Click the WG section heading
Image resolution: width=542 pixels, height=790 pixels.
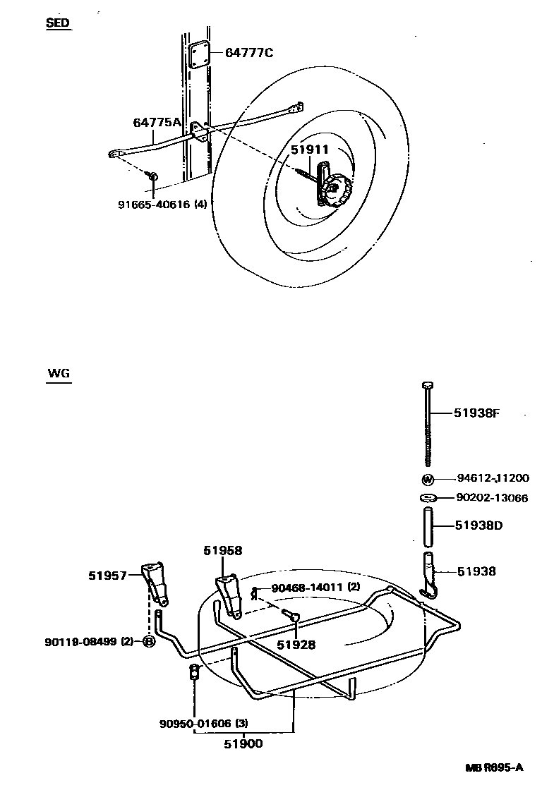pyautogui.click(x=59, y=374)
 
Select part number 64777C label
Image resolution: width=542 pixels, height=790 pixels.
pyautogui.click(x=248, y=53)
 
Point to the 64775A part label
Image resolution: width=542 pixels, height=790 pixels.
pyautogui.click(x=157, y=123)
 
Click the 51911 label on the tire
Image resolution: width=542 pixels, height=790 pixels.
pyautogui.click(x=310, y=150)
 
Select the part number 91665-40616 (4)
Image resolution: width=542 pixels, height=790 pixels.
pyautogui.click(x=162, y=205)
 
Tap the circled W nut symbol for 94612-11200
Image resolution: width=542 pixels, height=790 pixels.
pyautogui.click(x=428, y=480)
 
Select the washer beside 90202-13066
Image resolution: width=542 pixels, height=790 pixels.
pyautogui.click(x=428, y=499)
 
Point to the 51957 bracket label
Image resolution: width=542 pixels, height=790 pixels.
pyautogui.click(x=107, y=576)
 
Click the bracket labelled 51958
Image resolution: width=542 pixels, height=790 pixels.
pyautogui.click(x=227, y=592)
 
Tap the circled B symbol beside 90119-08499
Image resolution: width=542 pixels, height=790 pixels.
pyautogui.click(x=149, y=641)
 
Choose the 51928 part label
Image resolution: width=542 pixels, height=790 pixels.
pyautogui.click(x=296, y=645)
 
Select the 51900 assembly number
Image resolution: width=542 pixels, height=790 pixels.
pyautogui.click(x=243, y=742)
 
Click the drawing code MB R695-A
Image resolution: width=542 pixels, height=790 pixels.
pyautogui.click(x=493, y=767)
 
